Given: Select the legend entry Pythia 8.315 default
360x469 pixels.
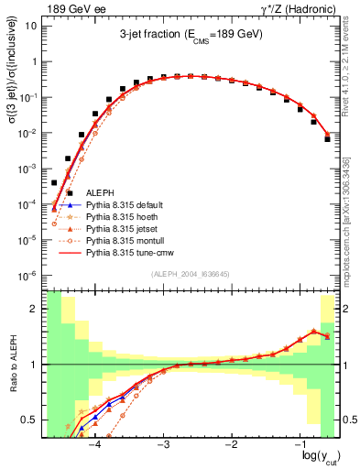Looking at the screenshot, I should [127, 206].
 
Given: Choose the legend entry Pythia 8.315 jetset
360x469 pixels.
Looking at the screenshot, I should [125, 234].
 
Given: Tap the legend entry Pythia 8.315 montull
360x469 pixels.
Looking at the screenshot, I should [127, 249].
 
